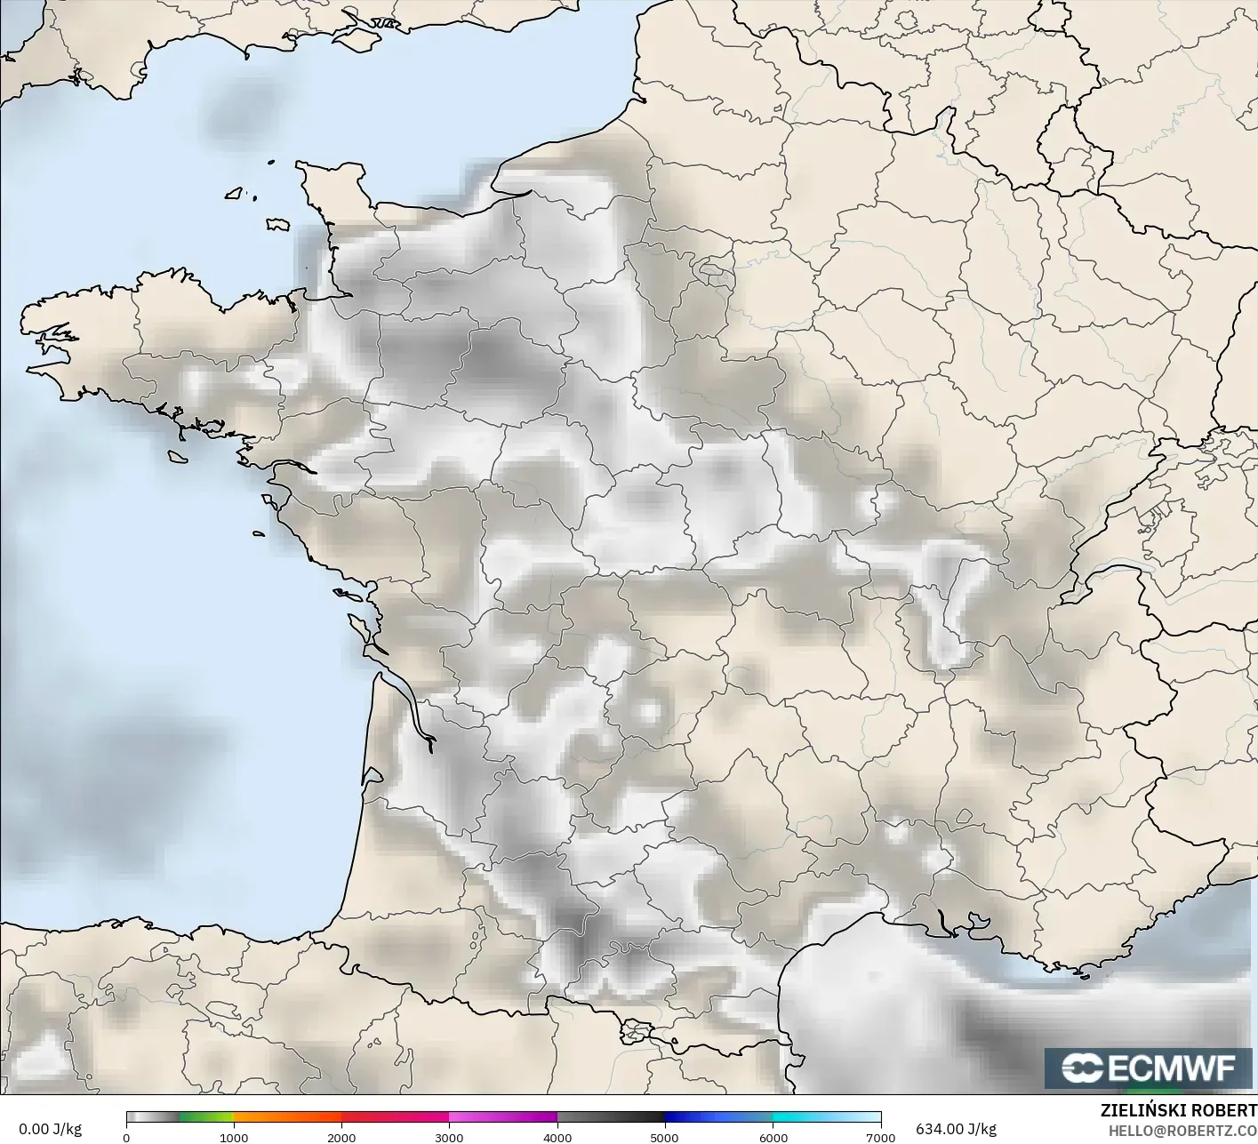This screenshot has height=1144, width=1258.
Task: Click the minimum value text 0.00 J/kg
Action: coord(50,1129)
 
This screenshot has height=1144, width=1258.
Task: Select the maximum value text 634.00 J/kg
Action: coord(956,1129)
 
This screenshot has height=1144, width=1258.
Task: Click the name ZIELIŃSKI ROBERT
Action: coord(1179,1111)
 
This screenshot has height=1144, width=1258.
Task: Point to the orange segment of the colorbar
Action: coord(287,1117)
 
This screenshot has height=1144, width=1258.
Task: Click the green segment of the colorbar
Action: coord(206,1117)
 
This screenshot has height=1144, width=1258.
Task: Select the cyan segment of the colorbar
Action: coord(800,1117)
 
